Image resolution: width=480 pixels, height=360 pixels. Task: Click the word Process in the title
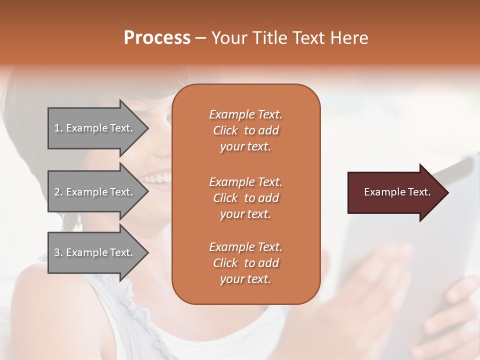tap(157, 37)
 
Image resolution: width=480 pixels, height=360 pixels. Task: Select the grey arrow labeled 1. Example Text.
tap(95, 128)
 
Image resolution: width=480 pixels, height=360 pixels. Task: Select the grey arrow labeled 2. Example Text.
tap(95, 192)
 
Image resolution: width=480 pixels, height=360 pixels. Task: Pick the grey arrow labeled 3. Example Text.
tap(95, 252)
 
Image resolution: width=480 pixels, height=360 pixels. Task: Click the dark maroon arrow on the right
tap(395, 192)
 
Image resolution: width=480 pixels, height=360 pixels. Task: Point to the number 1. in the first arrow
tap(58, 128)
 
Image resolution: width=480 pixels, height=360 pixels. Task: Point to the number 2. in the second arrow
tap(58, 192)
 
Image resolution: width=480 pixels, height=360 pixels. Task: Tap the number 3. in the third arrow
tap(58, 252)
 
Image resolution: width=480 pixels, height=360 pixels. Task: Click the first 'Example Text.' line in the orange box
tap(245, 114)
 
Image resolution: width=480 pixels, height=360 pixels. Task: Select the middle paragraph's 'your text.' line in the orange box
tap(245, 214)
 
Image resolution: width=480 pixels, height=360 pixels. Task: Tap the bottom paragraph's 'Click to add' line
tap(245, 263)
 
